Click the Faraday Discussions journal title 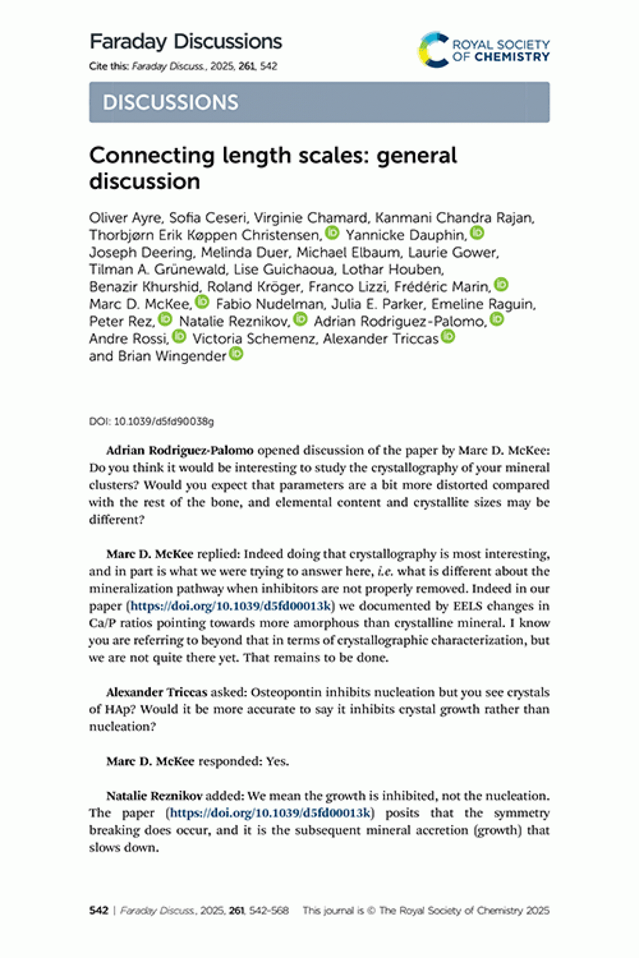[186, 42]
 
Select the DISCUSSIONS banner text [170, 103]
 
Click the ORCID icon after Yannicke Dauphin [477, 233]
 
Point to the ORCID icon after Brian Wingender [236, 354]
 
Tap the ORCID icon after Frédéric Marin [502, 285]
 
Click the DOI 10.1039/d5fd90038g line [151, 421]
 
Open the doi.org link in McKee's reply [231, 606]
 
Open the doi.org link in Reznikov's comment [270, 813]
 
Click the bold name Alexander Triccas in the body [156, 692]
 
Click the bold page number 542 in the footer [99, 910]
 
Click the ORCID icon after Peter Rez [165, 320]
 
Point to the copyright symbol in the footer [371, 910]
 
